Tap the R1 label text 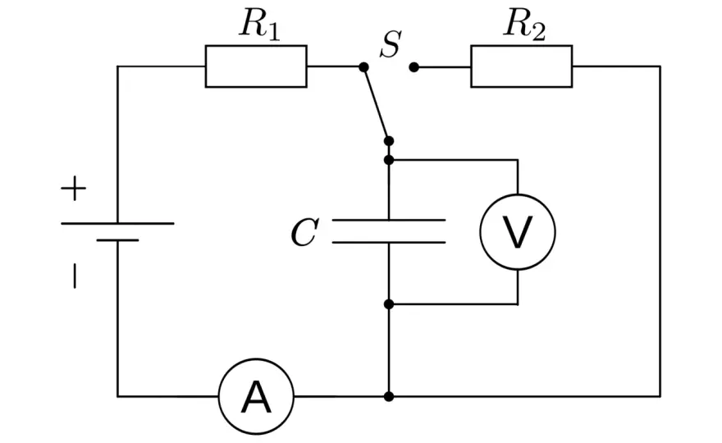(259, 24)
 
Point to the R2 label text (524, 24)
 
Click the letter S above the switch (391, 44)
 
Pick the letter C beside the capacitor (304, 232)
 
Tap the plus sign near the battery (74, 189)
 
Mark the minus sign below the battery (75, 276)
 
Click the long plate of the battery (117, 223)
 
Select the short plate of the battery (117, 240)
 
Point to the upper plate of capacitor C (389, 221)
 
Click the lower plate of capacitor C (389, 242)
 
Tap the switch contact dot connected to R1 (363, 67)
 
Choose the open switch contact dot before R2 (414, 67)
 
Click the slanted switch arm (377, 104)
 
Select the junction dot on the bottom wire (389, 396)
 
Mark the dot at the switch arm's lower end (389, 141)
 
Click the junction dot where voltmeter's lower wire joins (389, 304)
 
